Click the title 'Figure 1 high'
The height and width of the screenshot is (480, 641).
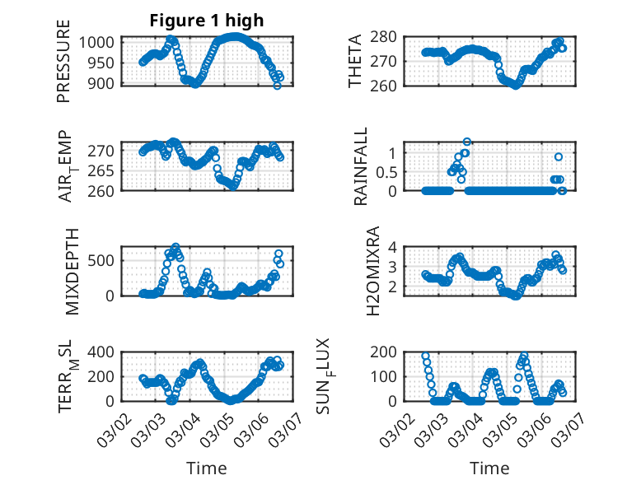click(x=207, y=21)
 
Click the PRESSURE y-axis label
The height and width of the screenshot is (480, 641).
click(x=63, y=62)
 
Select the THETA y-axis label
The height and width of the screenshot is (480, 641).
click(x=355, y=62)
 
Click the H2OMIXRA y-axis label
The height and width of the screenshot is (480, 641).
click(x=372, y=272)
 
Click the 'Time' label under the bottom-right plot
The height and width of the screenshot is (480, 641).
click(x=489, y=468)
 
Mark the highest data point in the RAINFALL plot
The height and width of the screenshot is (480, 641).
click(x=466, y=142)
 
